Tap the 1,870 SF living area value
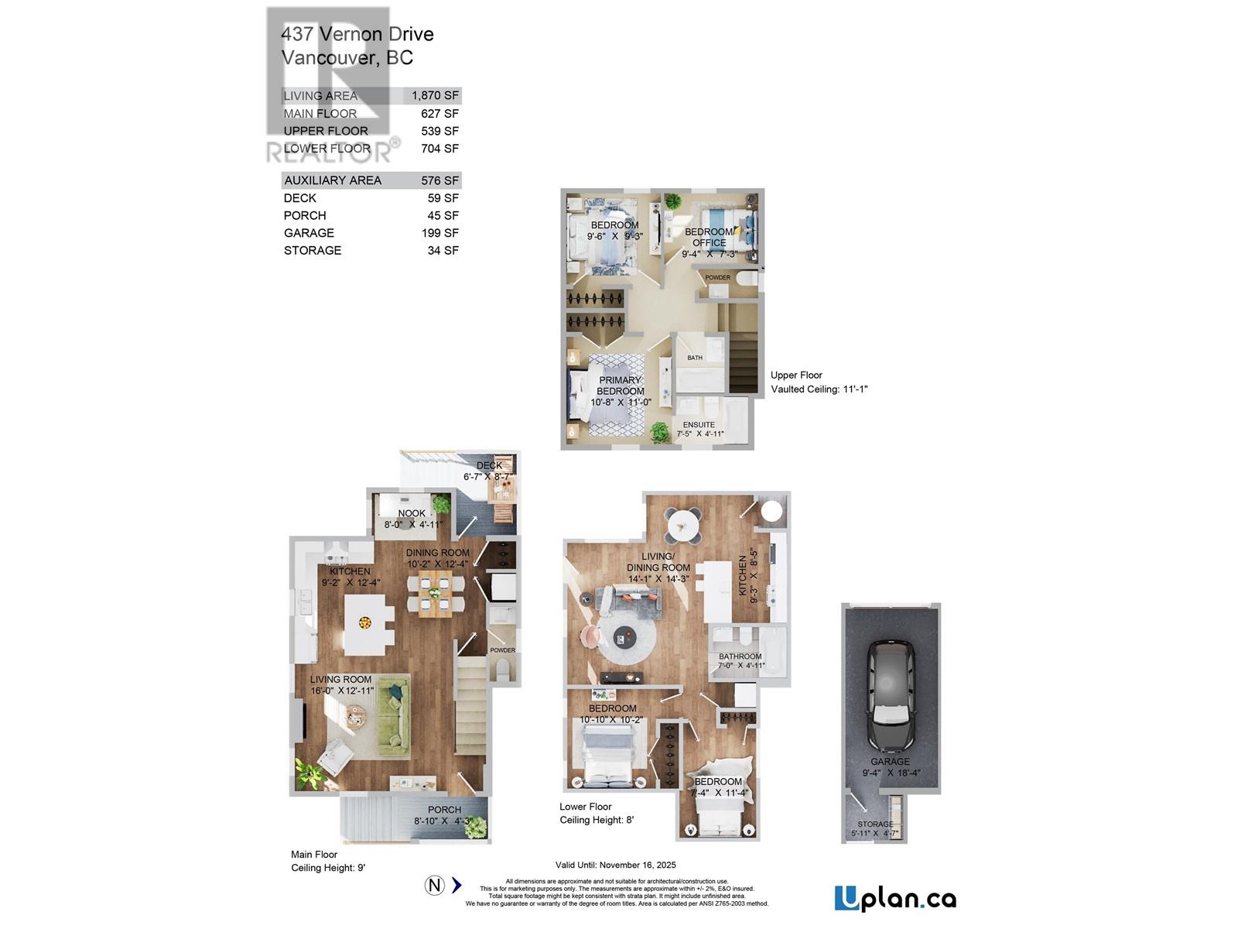click(x=435, y=95)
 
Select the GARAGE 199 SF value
click(x=439, y=233)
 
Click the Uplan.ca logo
click(x=895, y=898)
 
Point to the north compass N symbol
click(x=435, y=885)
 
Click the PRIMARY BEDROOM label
click(x=620, y=386)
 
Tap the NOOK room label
click(x=412, y=513)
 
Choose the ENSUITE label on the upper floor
click(x=699, y=425)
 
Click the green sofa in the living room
click(x=393, y=716)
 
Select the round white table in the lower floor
click(x=684, y=526)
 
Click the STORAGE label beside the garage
click(x=875, y=824)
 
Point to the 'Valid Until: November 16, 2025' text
click(x=616, y=865)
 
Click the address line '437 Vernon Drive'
click(x=357, y=34)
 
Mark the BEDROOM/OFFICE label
click(x=709, y=237)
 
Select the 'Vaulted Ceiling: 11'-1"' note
click(x=819, y=389)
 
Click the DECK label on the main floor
click(x=489, y=466)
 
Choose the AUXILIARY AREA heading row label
click(x=333, y=180)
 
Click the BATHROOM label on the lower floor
click(x=740, y=656)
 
